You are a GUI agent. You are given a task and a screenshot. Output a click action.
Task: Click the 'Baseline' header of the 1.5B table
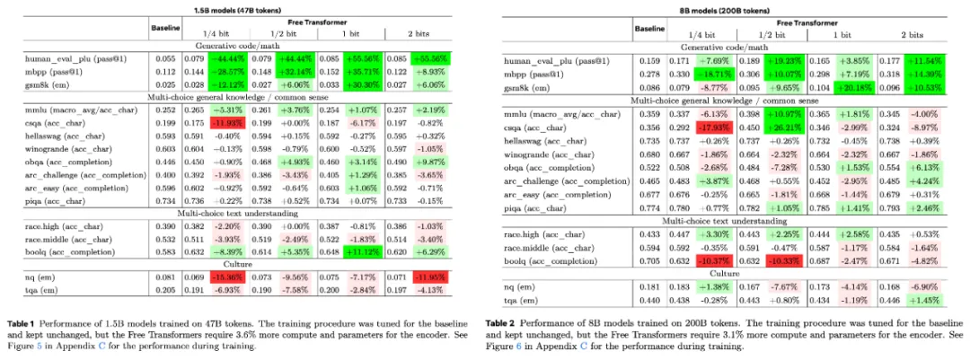(x=164, y=27)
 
